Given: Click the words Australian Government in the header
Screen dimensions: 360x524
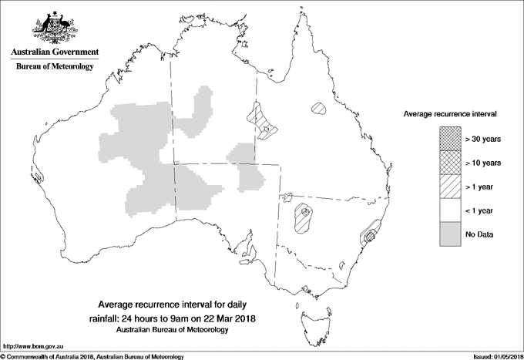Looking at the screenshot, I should [54, 52].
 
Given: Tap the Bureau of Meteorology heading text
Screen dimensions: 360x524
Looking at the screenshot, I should [54, 67].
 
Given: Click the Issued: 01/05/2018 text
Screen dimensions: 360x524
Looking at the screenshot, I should [494, 356].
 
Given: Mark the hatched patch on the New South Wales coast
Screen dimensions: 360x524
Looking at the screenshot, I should [369, 232].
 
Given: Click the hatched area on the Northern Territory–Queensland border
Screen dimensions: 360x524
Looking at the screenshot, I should [262, 122].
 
